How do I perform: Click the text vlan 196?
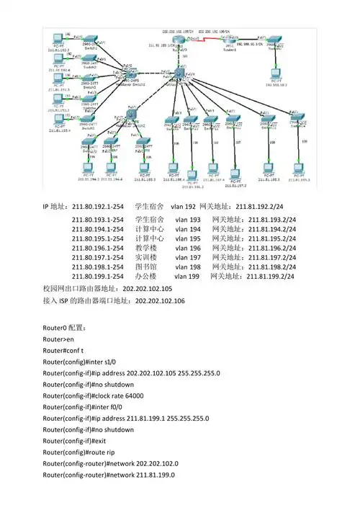(188, 247)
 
